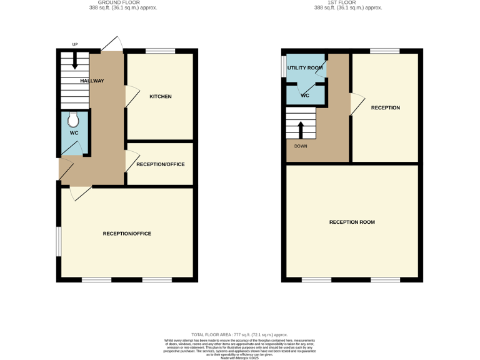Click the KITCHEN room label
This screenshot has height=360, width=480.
[160, 96]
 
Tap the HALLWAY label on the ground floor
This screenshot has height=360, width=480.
[92, 81]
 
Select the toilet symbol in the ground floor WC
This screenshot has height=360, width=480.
[74, 119]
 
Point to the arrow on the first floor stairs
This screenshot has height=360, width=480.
[301, 129]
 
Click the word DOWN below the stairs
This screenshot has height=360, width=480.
[301, 146]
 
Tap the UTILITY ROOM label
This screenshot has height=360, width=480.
[304, 67]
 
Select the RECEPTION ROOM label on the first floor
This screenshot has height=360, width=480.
[352, 222]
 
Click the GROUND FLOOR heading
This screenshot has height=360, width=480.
[122, 2]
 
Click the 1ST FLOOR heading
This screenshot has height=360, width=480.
[347, 2]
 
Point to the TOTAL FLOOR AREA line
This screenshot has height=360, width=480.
[239, 335]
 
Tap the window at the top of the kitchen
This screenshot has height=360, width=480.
[160, 51]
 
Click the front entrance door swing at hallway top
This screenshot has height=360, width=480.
[111, 44]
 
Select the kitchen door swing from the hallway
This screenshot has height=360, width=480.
[132, 96]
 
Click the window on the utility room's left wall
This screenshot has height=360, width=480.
[283, 68]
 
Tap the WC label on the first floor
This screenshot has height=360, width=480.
[305, 96]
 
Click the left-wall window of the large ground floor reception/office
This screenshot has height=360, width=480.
[59, 241]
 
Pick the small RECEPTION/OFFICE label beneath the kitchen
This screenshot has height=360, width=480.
[160, 164]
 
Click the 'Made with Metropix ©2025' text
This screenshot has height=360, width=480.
[239, 358]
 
